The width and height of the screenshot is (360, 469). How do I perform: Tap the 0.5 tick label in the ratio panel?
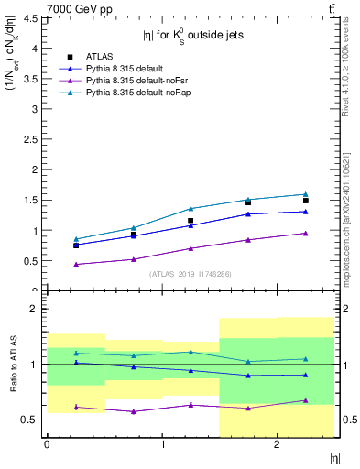click(32, 420)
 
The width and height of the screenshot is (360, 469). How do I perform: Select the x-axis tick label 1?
click(162, 444)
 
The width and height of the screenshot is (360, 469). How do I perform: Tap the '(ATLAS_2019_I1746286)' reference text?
click(190, 274)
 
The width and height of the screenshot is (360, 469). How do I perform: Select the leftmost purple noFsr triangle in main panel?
click(77, 265)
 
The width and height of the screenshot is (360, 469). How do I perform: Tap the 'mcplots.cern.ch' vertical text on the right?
click(351, 232)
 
